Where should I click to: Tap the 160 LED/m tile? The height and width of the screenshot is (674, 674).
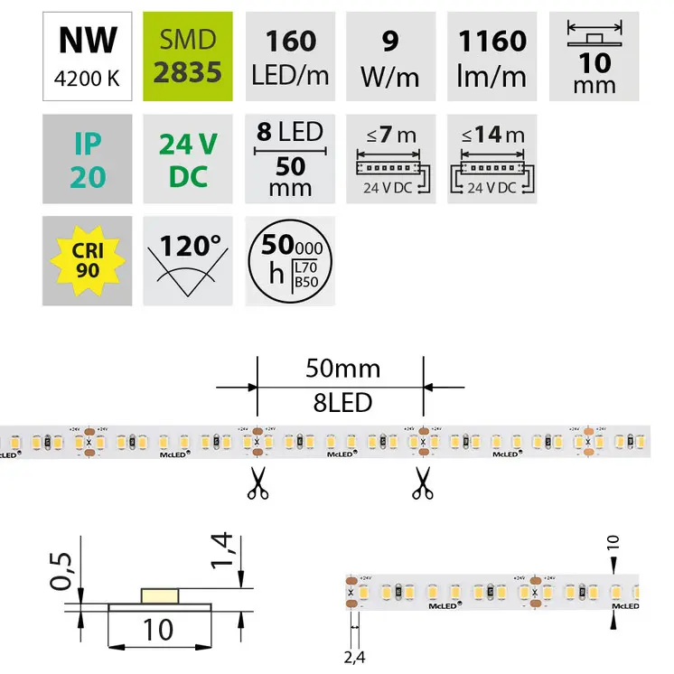click(x=291, y=55)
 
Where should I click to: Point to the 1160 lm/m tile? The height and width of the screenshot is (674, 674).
click(x=491, y=55)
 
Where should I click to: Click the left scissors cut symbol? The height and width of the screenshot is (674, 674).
click(x=257, y=483)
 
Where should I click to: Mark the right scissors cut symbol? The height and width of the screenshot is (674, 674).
click(x=421, y=483)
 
